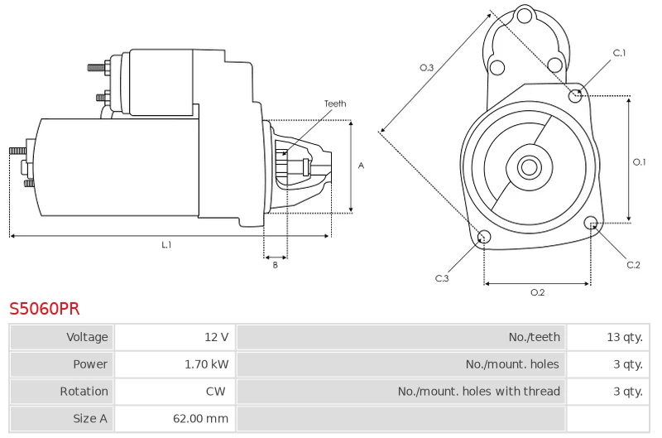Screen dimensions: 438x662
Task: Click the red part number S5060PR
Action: [x=45, y=309]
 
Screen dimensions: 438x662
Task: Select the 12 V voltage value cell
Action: [x=217, y=337]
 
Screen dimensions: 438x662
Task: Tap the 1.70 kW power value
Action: [x=206, y=364]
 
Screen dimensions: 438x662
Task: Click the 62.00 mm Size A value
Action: [x=200, y=419]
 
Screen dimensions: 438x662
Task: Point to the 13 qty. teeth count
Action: [x=624, y=337]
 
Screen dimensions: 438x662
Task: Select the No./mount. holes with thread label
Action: [x=478, y=392]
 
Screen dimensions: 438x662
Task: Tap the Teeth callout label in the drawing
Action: [x=335, y=103]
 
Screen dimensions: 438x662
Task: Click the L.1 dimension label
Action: [x=166, y=245]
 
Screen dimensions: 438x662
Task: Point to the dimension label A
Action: [x=361, y=166]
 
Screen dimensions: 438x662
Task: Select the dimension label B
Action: [x=275, y=265]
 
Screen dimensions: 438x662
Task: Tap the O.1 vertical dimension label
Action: [x=639, y=162]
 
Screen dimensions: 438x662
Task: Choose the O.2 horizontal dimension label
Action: [x=537, y=292]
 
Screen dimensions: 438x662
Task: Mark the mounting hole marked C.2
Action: [x=591, y=224]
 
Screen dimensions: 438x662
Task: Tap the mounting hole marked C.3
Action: [x=485, y=238]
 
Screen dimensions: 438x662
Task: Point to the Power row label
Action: [x=90, y=364]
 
